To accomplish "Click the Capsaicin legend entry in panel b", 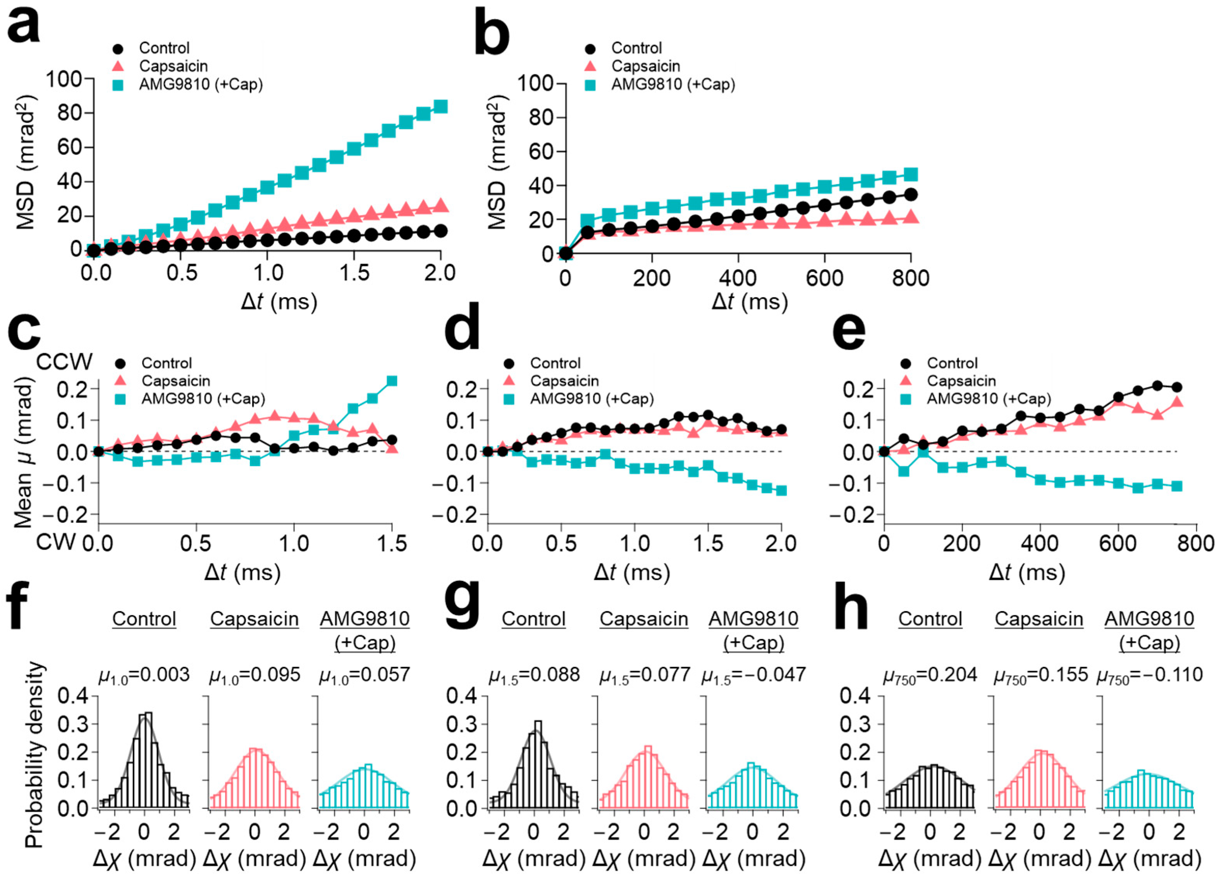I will coord(645,66).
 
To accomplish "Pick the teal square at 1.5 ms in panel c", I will coord(392,381).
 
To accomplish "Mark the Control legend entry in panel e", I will coord(951,363).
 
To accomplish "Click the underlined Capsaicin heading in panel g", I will coord(644,619).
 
